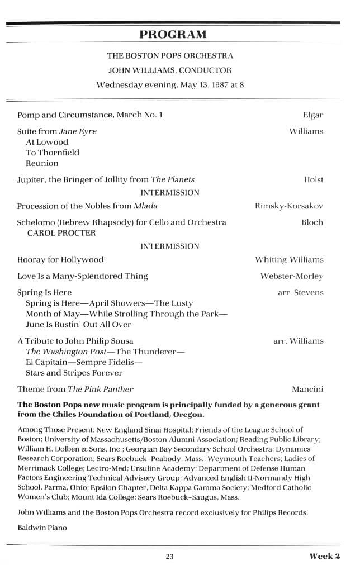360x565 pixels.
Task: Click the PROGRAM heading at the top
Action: (x=173, y=35)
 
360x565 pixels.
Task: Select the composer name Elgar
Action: (x=313, y=115)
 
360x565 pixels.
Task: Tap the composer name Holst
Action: (x=314, y=179)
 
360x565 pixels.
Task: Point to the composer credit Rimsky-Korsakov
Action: (x=289, y=206)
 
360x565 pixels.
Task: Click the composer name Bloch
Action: (x=312, y=222)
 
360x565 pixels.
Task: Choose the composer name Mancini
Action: (x=307, y=389)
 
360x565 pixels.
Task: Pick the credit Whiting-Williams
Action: (x=289, y=260)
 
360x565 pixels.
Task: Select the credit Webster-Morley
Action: (x=292, y=276)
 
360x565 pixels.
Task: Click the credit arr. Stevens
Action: (x=300, y=292)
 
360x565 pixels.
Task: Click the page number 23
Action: (x=170, y=556)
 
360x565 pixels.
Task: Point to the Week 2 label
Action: (x=325, y=555)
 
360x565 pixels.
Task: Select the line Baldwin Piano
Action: (x=42, y=528)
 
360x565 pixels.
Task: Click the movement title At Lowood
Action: (x=47, y=142)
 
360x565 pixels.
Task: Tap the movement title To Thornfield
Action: (x=53, y=153)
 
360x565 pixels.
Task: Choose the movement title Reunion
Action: (x=42, y=163)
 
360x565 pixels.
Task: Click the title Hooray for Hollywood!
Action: (x=61, y=260)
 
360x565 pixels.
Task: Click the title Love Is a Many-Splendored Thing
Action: (x=83, y=276)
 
